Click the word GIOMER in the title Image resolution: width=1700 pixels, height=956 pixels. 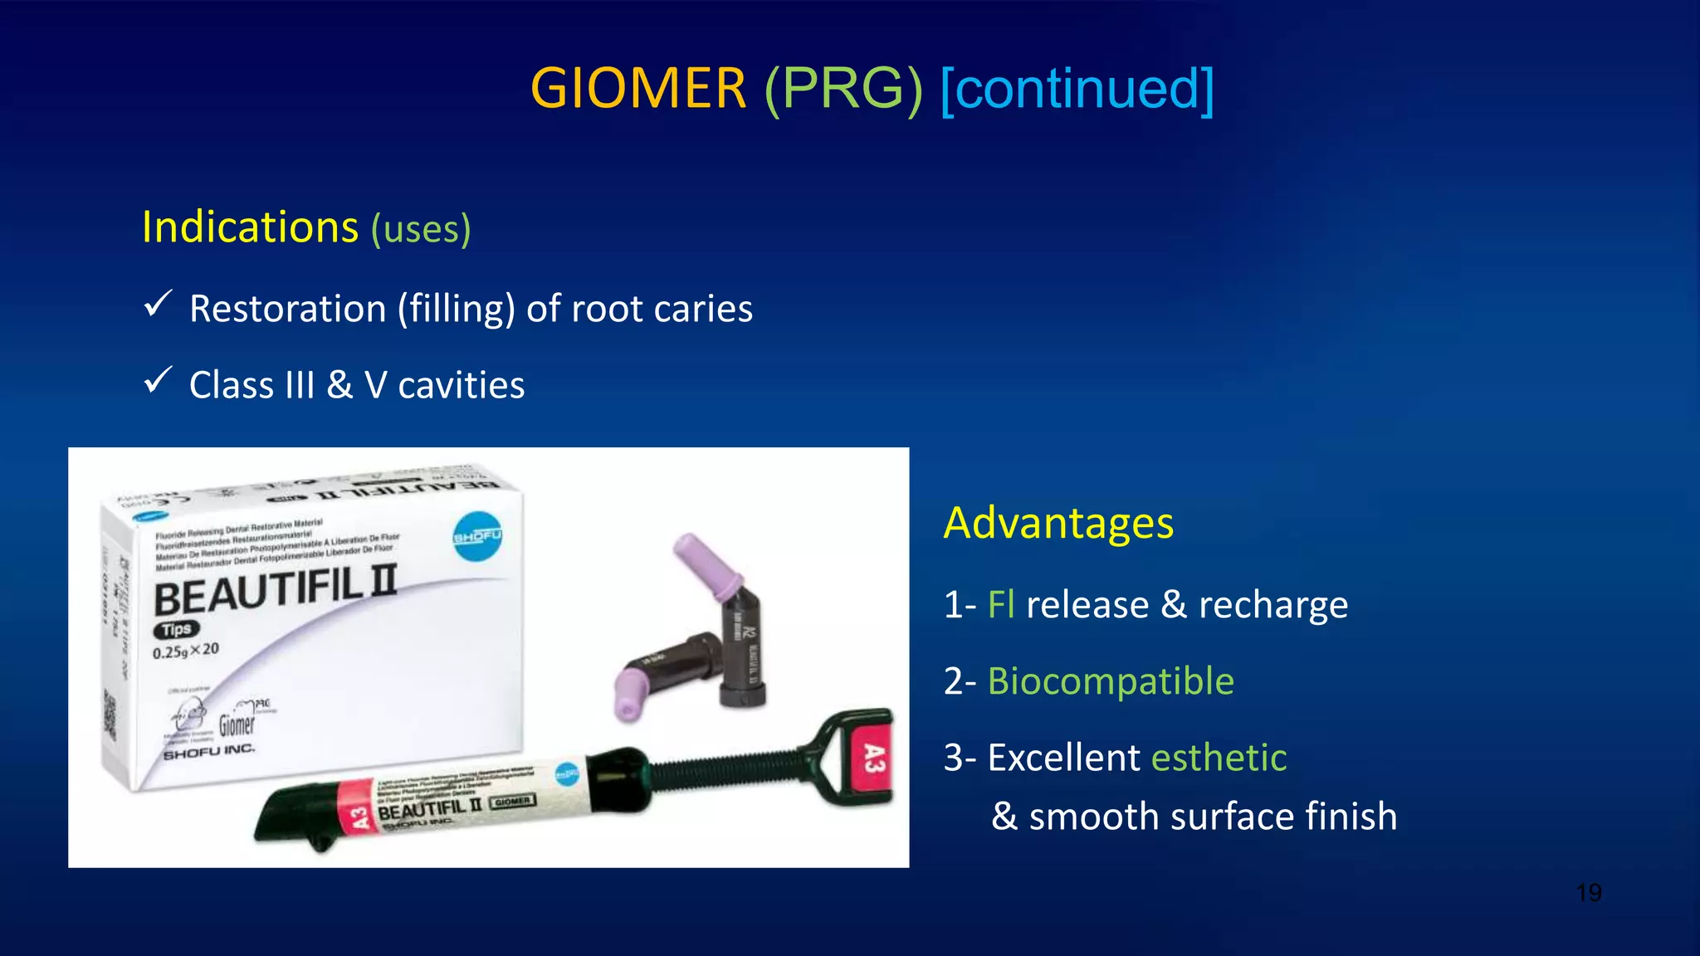[637, 89]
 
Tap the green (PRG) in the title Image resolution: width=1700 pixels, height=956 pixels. [843, 89]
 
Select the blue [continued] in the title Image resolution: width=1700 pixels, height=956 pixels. [1077, 89]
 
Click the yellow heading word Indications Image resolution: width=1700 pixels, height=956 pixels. [250, 227]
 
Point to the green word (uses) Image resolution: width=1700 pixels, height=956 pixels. [421, 229]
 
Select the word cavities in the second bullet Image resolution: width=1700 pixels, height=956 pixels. [461, 385]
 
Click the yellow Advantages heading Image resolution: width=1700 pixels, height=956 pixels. [1058, 523]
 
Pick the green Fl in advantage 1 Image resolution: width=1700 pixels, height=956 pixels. [1000, 604]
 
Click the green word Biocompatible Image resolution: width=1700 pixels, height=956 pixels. [1111, 680]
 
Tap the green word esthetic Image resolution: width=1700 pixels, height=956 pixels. [1219, 757]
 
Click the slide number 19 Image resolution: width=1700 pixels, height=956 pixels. [1588, 893]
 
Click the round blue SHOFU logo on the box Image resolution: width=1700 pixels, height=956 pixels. [477, 537]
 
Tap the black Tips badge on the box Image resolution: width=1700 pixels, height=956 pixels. [176, 630]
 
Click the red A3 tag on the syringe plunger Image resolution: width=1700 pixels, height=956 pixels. [872, 758]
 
